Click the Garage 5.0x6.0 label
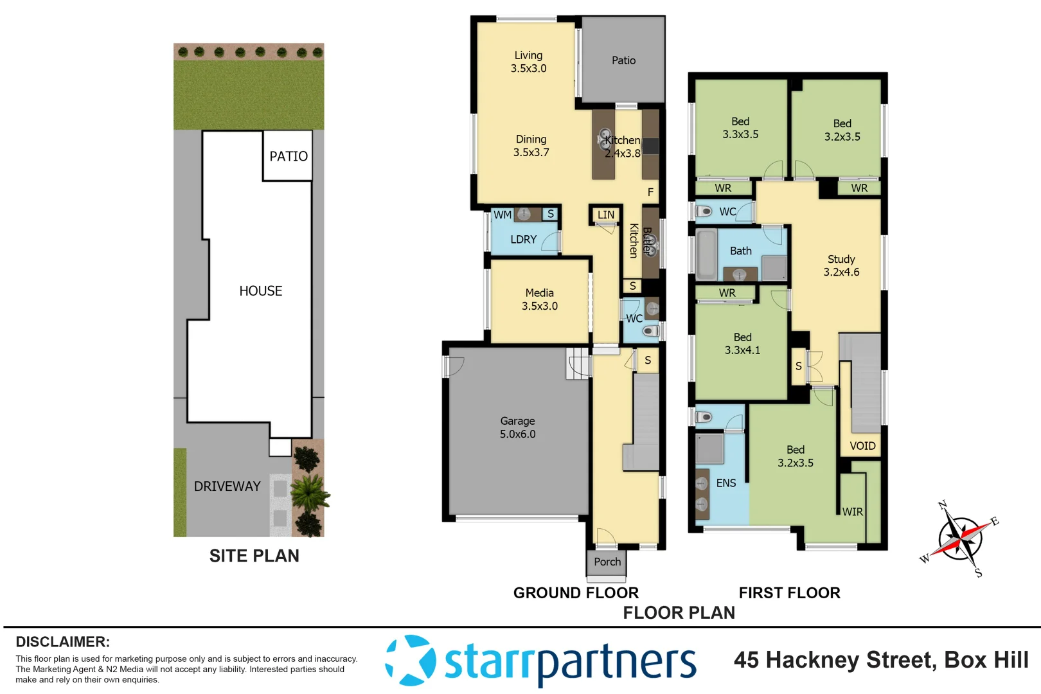pos(517,427)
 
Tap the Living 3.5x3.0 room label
pos(528,62)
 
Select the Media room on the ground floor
pos(539,299)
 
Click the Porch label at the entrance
pos(607,562)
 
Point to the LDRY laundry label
pos(523,240)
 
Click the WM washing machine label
pos(503,215)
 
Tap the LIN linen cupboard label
pos(605,215)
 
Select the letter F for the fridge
pos(650,192)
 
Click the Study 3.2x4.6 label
pos(841,265)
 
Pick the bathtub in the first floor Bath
pos(706,254)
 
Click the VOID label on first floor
pos(862,446)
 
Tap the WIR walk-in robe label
pos(853,512)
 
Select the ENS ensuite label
pos(726,483)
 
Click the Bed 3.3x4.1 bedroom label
pos(742,344)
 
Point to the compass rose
pos(959,538)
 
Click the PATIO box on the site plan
pos(288,156)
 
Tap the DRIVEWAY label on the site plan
pos(227,486)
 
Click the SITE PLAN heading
pos(254,556)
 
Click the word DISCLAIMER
pos(62,642)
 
